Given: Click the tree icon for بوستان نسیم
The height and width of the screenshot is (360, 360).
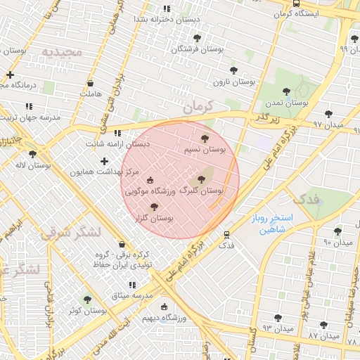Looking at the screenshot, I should [x=205, y=139].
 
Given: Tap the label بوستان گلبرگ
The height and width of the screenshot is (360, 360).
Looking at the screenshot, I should [x=202, y=191].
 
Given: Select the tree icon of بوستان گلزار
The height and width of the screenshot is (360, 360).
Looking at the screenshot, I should [x=155, y=206].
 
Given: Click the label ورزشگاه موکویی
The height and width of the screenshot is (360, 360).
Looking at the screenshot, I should [x=148, y=191].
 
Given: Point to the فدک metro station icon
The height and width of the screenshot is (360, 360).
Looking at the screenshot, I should [x=226, y=235].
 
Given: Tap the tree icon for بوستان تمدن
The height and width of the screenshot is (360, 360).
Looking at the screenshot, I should [x=286, y=91].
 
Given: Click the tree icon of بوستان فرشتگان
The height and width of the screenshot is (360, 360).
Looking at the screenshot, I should [x=195, y=38].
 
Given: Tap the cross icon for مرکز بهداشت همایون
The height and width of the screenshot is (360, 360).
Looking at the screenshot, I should [x=104, y=161].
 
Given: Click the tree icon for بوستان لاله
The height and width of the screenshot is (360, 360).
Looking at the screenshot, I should [x=32, y=154].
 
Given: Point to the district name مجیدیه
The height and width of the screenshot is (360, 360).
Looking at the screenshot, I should [x=62, y=52].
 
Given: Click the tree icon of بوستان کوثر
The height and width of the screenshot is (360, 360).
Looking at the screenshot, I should [x=87, y=300].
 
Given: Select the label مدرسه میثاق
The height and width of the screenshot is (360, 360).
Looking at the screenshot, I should [x=132, y=295].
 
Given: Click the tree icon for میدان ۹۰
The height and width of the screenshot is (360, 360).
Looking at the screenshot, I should [x=337, y=231].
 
